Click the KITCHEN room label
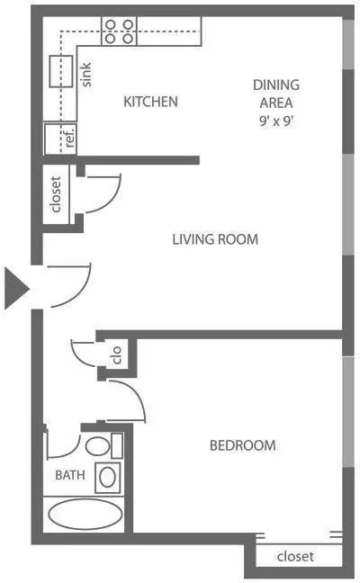point(150,102)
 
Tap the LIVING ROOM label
point(215,239)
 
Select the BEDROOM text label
point(243,445)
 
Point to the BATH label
point(70,475)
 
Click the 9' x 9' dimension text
point(276,121)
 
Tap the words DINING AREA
point(276,94)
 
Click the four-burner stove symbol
point(119,31)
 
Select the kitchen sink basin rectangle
point(61,71)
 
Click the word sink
point(85,75)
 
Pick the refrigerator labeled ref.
point(60,139)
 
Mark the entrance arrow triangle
point(16,288)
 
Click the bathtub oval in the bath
point(85,514)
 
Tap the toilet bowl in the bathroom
point(97,446)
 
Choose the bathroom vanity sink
point(107,477)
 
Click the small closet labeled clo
point(117,355)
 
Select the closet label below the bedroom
point(295,556)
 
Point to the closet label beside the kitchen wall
point(56,194)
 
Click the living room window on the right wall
point(347,204)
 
